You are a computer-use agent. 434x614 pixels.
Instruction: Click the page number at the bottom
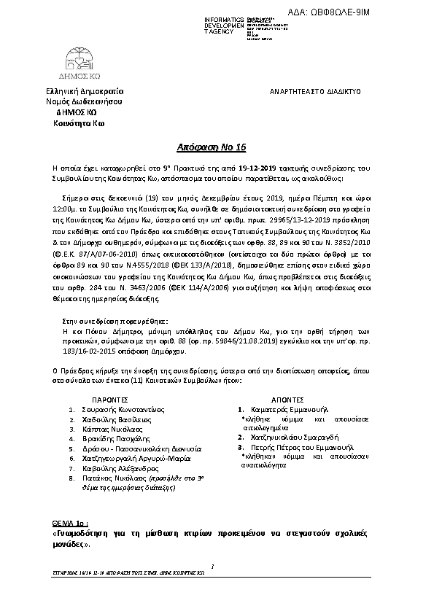[x=211, y=565]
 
